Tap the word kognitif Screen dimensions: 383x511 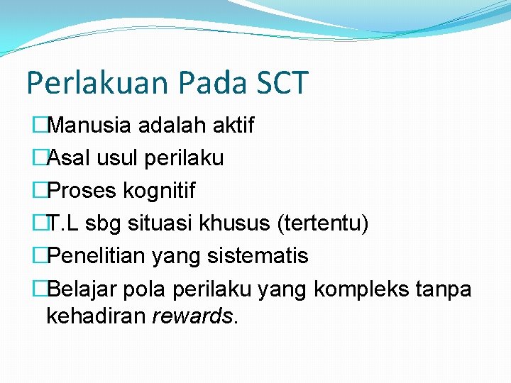159,191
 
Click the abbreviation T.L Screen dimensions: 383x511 64,223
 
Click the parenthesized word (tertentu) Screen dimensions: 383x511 323,223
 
